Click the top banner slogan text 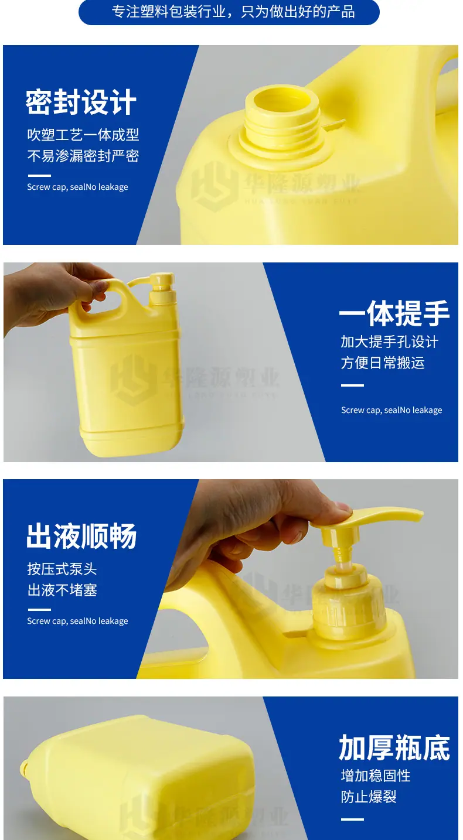pyautogui.click(x=233, y=12)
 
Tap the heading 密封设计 pyautogui.click(x=81, y=102)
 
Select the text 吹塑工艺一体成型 pyautogui.click(x=83, y=135)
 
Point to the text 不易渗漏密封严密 pyautogui.click(x=83, y=156)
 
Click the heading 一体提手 pyautogui.click(x=394, y=313)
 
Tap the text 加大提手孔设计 pyautogui.click(x=390, y=342)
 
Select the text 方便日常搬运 pyautogui.click(x=383, y=363)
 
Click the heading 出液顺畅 pyautogui.click(x=81, y=536)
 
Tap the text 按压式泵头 pyautogui.click(x=62, y=569)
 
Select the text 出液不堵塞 pyautogui.click(x=62, y=590)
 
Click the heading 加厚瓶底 pyautogui.click(x=394, y=747)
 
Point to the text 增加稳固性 pyautogui.click(x=376, y=776)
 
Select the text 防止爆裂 pyautogui.click(x=369, y=797)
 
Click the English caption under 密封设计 pyautogui.click(x=77, y=187)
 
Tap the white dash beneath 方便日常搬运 pyautogui.click(x=352, y=385)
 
